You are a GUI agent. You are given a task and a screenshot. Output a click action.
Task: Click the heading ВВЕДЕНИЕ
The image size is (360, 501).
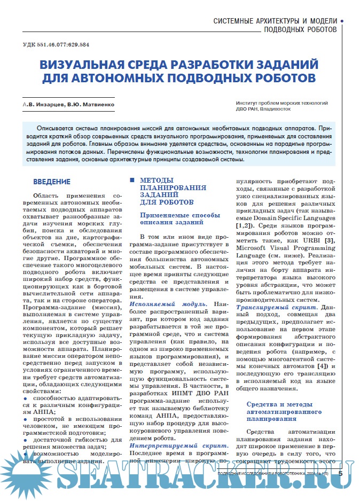tap(52, 182)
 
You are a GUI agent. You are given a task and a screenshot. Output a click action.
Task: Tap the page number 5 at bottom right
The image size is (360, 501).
tap(340, 473)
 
